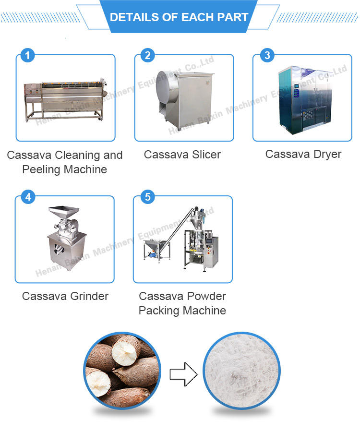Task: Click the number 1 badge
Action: point(27,56)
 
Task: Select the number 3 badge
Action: point(267,56)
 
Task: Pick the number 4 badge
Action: point(27,197)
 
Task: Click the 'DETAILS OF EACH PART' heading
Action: point(179,17)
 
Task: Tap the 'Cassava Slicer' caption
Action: point(182,155)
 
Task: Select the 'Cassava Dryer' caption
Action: point(303,154)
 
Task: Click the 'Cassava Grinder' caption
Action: point(65,296)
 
